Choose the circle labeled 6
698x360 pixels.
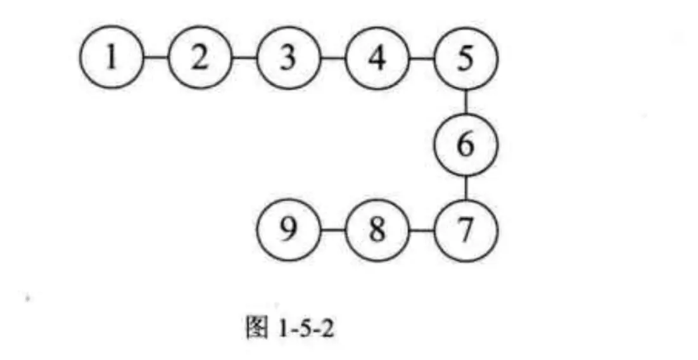(x=466, y=145)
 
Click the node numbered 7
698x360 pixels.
(x=466, y=230)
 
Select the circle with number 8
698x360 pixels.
(x=378, y=230)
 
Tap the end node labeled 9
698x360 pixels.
(x=289, y=230)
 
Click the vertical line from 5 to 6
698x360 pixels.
(x=466, y=101)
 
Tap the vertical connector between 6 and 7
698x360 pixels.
(x=466, y=188)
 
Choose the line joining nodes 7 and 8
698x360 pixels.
(x=422, y=230)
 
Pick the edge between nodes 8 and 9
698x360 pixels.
(x=333, y=230)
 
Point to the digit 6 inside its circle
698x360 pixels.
(x=466, y=145)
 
